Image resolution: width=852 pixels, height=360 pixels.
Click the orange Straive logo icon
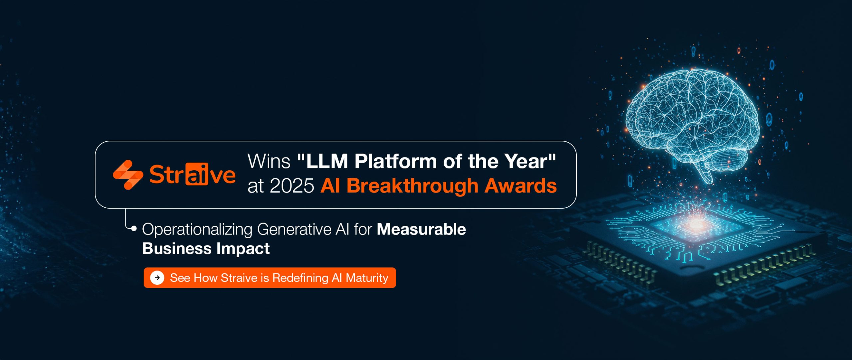128,175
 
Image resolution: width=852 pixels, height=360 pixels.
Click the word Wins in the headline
269,161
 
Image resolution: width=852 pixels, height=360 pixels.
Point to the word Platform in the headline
396,161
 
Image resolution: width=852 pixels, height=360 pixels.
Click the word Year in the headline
526,161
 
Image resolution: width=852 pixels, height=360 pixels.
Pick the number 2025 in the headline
292,186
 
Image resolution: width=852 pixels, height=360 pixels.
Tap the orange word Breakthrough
412,185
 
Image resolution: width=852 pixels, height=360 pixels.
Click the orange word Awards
521,186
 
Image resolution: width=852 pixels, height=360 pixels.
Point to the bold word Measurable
421,230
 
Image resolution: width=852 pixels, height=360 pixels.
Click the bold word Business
177,249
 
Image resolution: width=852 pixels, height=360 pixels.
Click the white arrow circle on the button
157,278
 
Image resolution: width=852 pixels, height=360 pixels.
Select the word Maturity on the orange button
367,278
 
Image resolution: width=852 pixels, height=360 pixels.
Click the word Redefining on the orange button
300,278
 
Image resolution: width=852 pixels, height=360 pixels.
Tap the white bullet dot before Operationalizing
134,228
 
